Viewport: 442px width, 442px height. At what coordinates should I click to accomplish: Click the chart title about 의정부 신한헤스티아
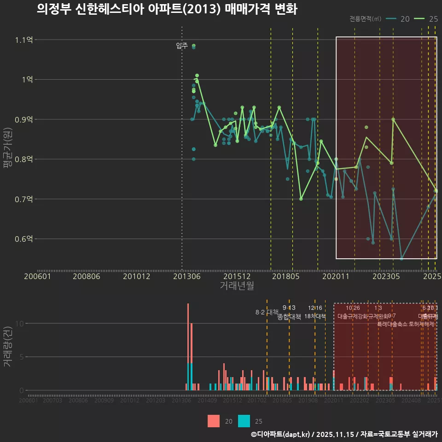tap(167, 10)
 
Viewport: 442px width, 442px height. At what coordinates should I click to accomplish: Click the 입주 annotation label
tap(182, 46)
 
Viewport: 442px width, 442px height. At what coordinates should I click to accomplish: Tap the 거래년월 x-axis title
tap(237, 286)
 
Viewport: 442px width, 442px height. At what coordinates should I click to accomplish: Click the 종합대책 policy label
tap(289, 316)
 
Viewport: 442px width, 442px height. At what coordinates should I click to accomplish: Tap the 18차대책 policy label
tap(315, 316)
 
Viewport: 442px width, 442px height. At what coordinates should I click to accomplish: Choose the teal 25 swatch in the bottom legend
tap(244, 421)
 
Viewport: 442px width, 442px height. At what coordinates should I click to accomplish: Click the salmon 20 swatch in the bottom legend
tap(214, 421)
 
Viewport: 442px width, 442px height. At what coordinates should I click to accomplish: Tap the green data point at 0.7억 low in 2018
tap(301, 199)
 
